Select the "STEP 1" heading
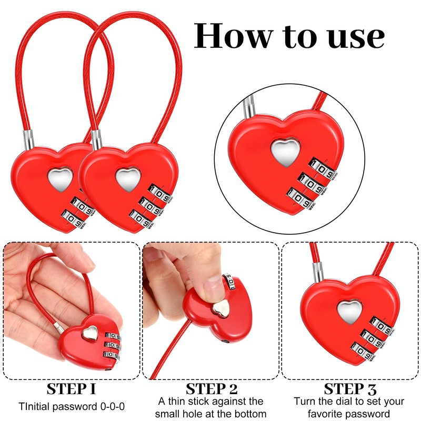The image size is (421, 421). point(71,389)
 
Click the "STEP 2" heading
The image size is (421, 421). point(210,389)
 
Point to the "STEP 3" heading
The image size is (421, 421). point(350,389)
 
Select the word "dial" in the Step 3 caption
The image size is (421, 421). point(344,402)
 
